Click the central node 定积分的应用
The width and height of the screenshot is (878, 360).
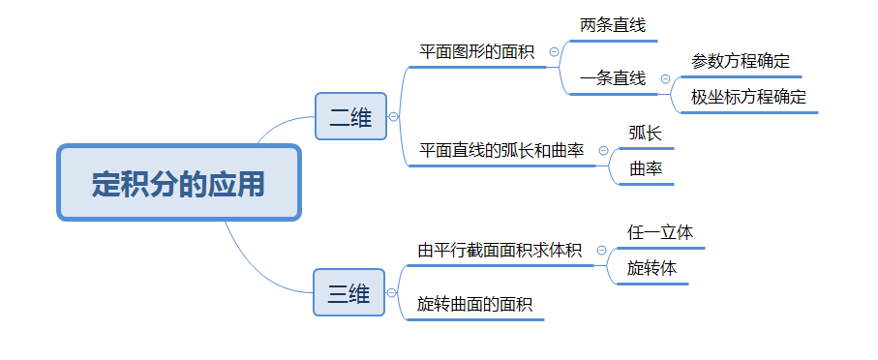pos(179,183)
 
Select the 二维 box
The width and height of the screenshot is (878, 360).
pos(350,117)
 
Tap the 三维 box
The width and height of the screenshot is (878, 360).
pos(348,293)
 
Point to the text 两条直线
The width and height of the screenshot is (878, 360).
pos(612,25)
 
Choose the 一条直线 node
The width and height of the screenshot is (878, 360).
pos(613,78)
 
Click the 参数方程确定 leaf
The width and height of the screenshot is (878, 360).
pos(741,61)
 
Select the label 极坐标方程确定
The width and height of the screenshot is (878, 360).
pos(748,97)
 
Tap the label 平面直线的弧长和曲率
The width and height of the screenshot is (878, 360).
pos(501,151)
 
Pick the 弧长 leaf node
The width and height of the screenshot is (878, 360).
pos(646,134)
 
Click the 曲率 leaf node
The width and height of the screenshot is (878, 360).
pos(646,168)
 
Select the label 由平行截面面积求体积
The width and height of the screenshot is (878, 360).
pos(500,251)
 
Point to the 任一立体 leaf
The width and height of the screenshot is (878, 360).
pos(660,233)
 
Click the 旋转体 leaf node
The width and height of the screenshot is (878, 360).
pos(651,268)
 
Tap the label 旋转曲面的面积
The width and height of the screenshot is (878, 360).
pos(474,304)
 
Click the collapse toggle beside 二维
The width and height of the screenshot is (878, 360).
pos(393,117)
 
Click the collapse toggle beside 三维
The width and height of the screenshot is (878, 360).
pos(392,293)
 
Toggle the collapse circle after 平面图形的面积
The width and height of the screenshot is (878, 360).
pos(554,52)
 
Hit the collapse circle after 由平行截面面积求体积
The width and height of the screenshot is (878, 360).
pos(601,251)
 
